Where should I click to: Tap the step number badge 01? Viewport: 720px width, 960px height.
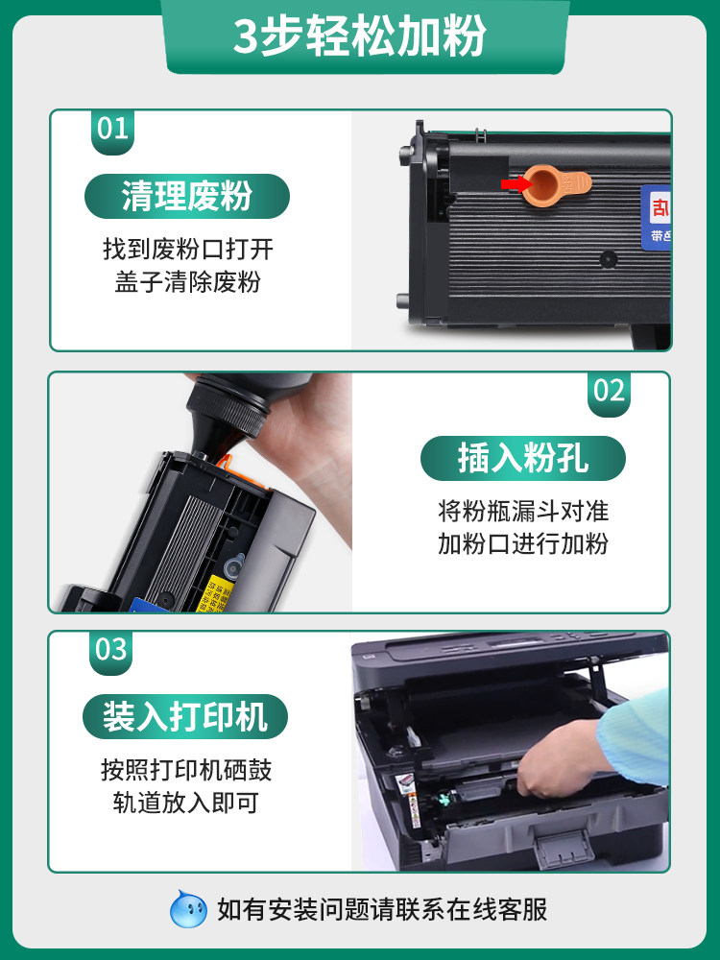click(112, 129)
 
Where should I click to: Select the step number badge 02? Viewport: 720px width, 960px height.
click(609, 391)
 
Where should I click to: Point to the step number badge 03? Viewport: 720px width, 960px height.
click(111, 650)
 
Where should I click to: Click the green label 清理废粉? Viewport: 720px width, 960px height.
click(186, 196)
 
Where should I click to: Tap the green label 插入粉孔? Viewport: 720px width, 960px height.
click(522, 459)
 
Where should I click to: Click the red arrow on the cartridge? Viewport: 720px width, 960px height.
click(515, 182)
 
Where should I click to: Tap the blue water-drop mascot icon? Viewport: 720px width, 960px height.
click(188, 908)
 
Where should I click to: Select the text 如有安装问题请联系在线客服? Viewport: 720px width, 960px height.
click(382, 908)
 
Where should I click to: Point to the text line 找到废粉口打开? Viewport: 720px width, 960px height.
click(188, 251)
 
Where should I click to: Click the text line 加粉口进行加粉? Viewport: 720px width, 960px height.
click(523, 543)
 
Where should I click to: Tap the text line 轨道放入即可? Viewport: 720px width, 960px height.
click(186, 803)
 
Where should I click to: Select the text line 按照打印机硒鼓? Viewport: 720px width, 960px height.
click(186, 769)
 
